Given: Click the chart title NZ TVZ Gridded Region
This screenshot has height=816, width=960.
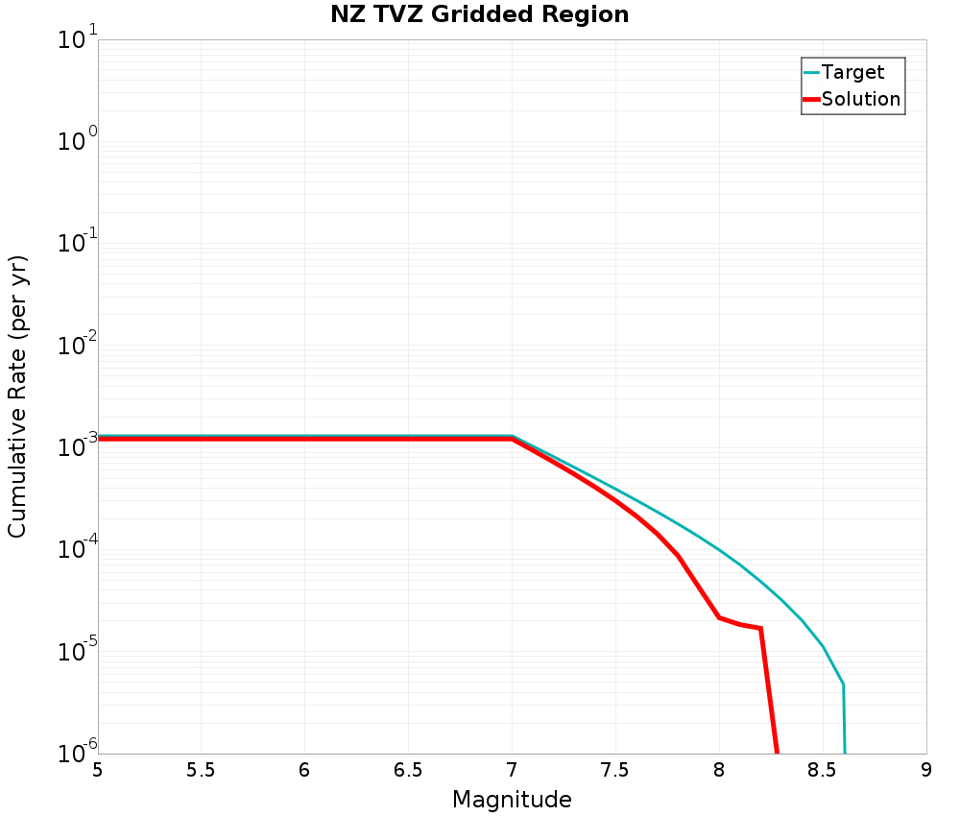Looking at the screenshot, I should [480, 15].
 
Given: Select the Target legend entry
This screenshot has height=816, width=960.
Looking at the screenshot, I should [852, 73].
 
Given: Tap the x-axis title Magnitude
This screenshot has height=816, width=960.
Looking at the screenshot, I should [512, 800].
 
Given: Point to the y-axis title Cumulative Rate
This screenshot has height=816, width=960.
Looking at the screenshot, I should [18, 396].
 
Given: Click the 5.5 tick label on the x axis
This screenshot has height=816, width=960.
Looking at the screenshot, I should [201, 771].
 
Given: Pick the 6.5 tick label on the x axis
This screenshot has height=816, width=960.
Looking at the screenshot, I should [408, 771].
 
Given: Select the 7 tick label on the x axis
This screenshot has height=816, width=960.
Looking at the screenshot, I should [512, 771].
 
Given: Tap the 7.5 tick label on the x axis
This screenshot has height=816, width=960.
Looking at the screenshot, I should [615, 771].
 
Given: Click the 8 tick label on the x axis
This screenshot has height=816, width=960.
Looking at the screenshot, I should [719, 771].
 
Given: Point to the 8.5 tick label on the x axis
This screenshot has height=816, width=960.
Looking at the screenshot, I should [823, 771].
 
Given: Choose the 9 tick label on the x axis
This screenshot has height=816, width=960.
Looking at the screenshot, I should [926, 771].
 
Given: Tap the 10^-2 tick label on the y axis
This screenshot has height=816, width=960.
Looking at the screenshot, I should [78, 348].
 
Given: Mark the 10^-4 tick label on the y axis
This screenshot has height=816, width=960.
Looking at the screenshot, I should [78, 552].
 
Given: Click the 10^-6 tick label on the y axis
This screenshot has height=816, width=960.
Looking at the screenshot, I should [78, 751].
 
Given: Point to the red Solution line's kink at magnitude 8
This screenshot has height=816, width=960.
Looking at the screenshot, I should [720, 617].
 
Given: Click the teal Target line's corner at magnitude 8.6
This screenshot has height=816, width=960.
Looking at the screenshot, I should [843, 684].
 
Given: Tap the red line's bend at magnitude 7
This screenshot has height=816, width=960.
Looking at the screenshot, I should [512, 439].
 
